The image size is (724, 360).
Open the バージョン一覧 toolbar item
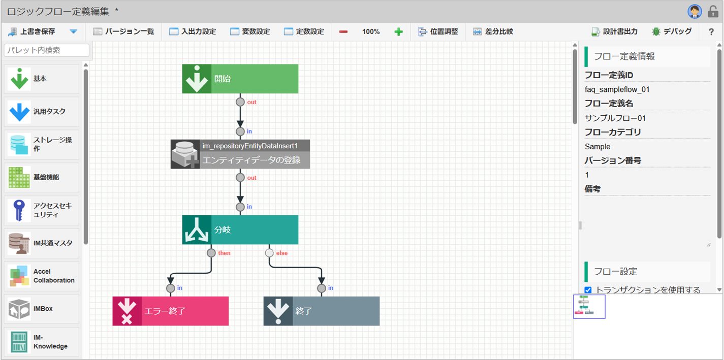pos(123,31)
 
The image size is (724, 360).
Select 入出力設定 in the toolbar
pos(193,31)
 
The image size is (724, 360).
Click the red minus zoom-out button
pos(343,31)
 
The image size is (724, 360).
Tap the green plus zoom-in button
pos(398,31)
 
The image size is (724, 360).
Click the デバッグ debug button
pos(672,31)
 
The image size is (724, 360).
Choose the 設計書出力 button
pos(614,31)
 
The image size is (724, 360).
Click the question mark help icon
pos(711,31)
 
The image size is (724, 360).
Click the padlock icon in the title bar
pos(713,12)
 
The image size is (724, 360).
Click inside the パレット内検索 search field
pos(47,50)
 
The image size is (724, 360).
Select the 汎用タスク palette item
pos(41,112)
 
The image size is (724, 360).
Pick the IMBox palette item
pos(41,309)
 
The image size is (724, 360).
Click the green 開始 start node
pos(240,79)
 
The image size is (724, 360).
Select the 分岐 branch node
pos(240,230)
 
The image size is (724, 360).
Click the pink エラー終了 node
pos(170,311)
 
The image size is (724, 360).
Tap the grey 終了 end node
pos(322,311)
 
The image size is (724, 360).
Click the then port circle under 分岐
pos(211,253)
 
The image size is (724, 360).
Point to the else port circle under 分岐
pos(269,253)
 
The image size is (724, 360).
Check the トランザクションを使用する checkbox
pos(588,290)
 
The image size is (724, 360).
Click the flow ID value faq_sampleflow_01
pos(617,89)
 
